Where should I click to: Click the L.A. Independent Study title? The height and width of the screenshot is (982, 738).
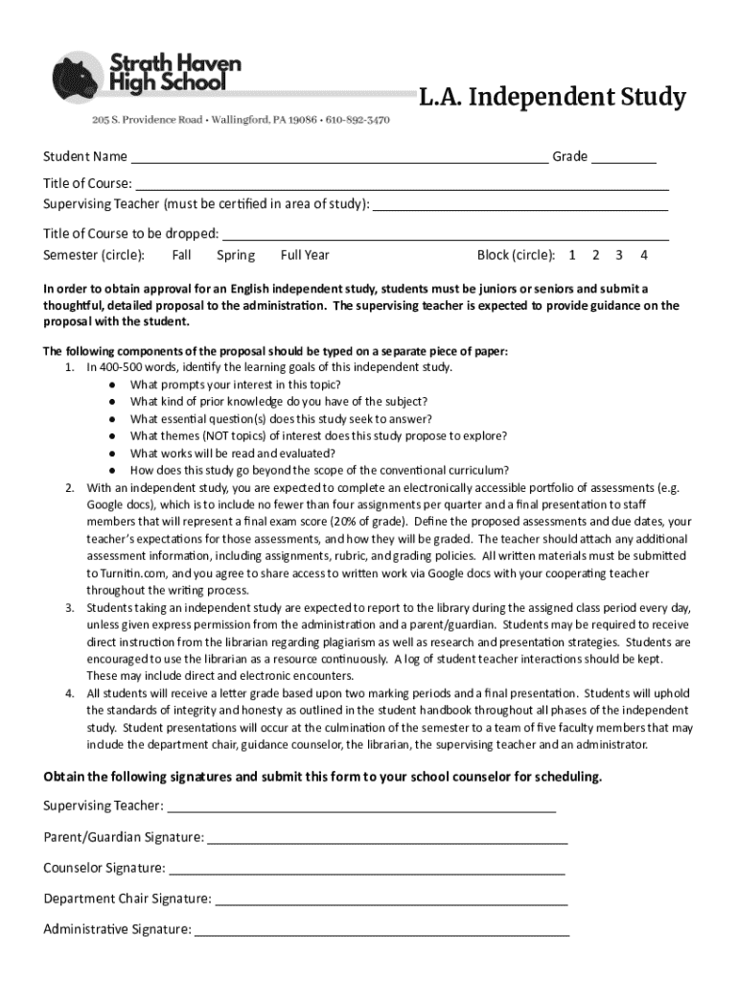[551, 98]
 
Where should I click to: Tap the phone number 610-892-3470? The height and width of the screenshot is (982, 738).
[357, 121]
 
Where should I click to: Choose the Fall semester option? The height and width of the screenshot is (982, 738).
[182, 255]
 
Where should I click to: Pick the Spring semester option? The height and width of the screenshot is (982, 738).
[236, 255]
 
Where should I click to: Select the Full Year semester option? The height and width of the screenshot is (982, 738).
[305, 255]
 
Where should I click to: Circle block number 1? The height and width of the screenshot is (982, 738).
[572, 255]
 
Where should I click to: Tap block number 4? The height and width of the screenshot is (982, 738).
[644, 255]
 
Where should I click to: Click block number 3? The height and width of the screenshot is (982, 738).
[619, 255]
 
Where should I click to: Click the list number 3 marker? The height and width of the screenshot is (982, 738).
[70, 608]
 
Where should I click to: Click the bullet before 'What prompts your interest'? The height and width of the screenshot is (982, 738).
[112, 385]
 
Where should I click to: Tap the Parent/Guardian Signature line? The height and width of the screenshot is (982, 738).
[387, 841]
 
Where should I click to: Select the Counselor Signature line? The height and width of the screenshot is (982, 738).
[366, 872]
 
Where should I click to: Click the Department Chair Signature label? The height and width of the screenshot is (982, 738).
[127, 900]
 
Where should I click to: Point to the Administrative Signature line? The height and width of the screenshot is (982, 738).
[382, 932]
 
